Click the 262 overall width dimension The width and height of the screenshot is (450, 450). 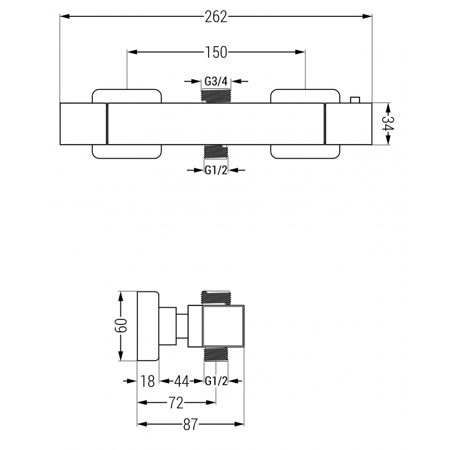tap(216, 17)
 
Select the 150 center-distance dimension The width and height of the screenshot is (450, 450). tap(216, 52)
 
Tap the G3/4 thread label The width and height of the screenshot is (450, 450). tap(216, 81)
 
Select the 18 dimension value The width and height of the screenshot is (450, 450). tap(148, 381)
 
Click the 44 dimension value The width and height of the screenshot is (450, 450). tap(181, 381)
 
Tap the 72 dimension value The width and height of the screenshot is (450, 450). tap(177, 403)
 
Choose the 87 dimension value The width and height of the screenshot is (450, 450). tap(191, 424)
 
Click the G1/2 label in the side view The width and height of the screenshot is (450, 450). tap(216, 381)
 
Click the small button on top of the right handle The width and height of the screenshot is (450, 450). tap(354, 100)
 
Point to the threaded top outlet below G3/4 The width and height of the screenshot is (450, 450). tap(216, 96)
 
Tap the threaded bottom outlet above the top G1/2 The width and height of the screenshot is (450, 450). tap(216, 152)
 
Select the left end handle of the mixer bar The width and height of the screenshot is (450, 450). tap(83, 124)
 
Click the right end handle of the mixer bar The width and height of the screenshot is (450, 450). tap(348, 124)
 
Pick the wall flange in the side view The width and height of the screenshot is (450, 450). tap(148, 326)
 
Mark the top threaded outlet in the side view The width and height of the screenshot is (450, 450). tap(216, 298)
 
